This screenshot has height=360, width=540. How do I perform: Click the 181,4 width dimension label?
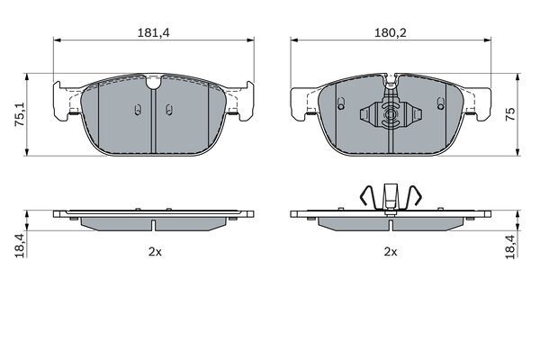tap(154, 32)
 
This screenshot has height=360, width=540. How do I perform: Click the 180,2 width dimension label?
tap(391, 32)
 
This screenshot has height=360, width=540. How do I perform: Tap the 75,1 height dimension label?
tap(20, 114)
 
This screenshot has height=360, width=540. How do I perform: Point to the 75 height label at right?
tap(510, 114)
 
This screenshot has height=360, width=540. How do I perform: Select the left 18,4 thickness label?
tap(20, 246)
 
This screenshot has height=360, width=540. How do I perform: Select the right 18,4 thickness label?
tap(510, 247)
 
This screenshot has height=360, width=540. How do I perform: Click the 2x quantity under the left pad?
tap(155, 252)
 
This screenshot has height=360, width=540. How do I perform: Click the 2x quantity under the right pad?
tap(391, 252)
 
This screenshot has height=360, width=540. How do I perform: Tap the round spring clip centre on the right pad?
tap(391, 114)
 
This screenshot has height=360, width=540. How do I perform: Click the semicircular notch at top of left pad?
tap(153, 84)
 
